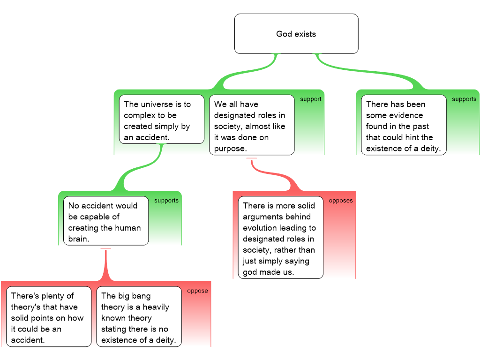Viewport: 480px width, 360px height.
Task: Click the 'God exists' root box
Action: pos(296,34)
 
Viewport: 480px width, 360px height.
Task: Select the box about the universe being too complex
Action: pos(162,120)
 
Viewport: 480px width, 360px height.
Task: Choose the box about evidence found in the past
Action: pos(404,125)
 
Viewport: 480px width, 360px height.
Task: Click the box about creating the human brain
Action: pos(106,221)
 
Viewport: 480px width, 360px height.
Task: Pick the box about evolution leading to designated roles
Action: pos(280,238)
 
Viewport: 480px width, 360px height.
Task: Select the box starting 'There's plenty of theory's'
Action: pos(49,317)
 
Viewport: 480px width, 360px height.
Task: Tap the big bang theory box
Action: pos(139,317)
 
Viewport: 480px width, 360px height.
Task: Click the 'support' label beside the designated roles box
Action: pos(311,99)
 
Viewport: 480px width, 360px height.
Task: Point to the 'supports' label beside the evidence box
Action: pos(464,99)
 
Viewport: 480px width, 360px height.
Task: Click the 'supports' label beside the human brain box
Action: pos(166,201)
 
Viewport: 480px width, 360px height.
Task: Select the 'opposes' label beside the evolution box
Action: pos(341,201)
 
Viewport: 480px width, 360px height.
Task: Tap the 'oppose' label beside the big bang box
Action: pos(197,291)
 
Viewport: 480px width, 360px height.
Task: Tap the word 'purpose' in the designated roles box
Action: pos(230,149)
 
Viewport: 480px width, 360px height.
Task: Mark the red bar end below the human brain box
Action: pos(105,249)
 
